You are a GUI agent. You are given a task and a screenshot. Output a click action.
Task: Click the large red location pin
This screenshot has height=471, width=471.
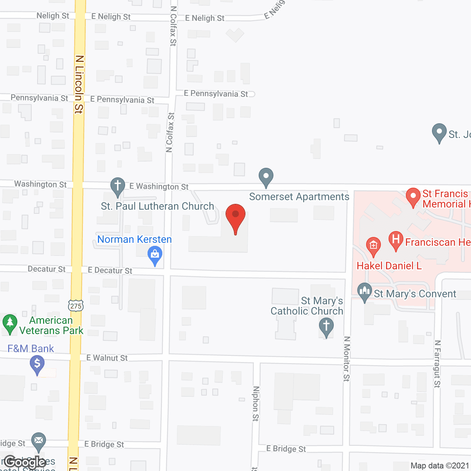(235, 217)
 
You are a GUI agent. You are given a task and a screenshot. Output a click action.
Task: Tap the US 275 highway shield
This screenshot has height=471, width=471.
(75, 305)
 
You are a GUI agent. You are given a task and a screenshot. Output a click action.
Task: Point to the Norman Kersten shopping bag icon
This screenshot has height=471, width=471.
(155, 255)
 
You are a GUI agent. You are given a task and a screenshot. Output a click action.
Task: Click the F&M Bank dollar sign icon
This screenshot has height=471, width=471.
(37, 364)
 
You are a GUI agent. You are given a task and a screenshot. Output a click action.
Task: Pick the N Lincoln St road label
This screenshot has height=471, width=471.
(79, 84)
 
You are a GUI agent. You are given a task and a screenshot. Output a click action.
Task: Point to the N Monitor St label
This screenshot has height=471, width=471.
(347, 358)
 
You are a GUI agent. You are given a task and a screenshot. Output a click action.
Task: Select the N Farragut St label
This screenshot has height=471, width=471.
(437, 364)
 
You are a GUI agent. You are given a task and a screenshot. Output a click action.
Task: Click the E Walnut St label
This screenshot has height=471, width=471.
(107, 358)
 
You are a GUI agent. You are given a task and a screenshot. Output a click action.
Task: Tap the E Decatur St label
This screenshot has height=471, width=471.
(110, 270)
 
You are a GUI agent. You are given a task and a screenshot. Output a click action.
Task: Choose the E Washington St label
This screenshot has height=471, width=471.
(159, 187)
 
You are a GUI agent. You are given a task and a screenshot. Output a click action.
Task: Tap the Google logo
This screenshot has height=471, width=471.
(25, 462)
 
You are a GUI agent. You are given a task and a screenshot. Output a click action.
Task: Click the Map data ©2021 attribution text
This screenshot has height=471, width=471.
(440, 466)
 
